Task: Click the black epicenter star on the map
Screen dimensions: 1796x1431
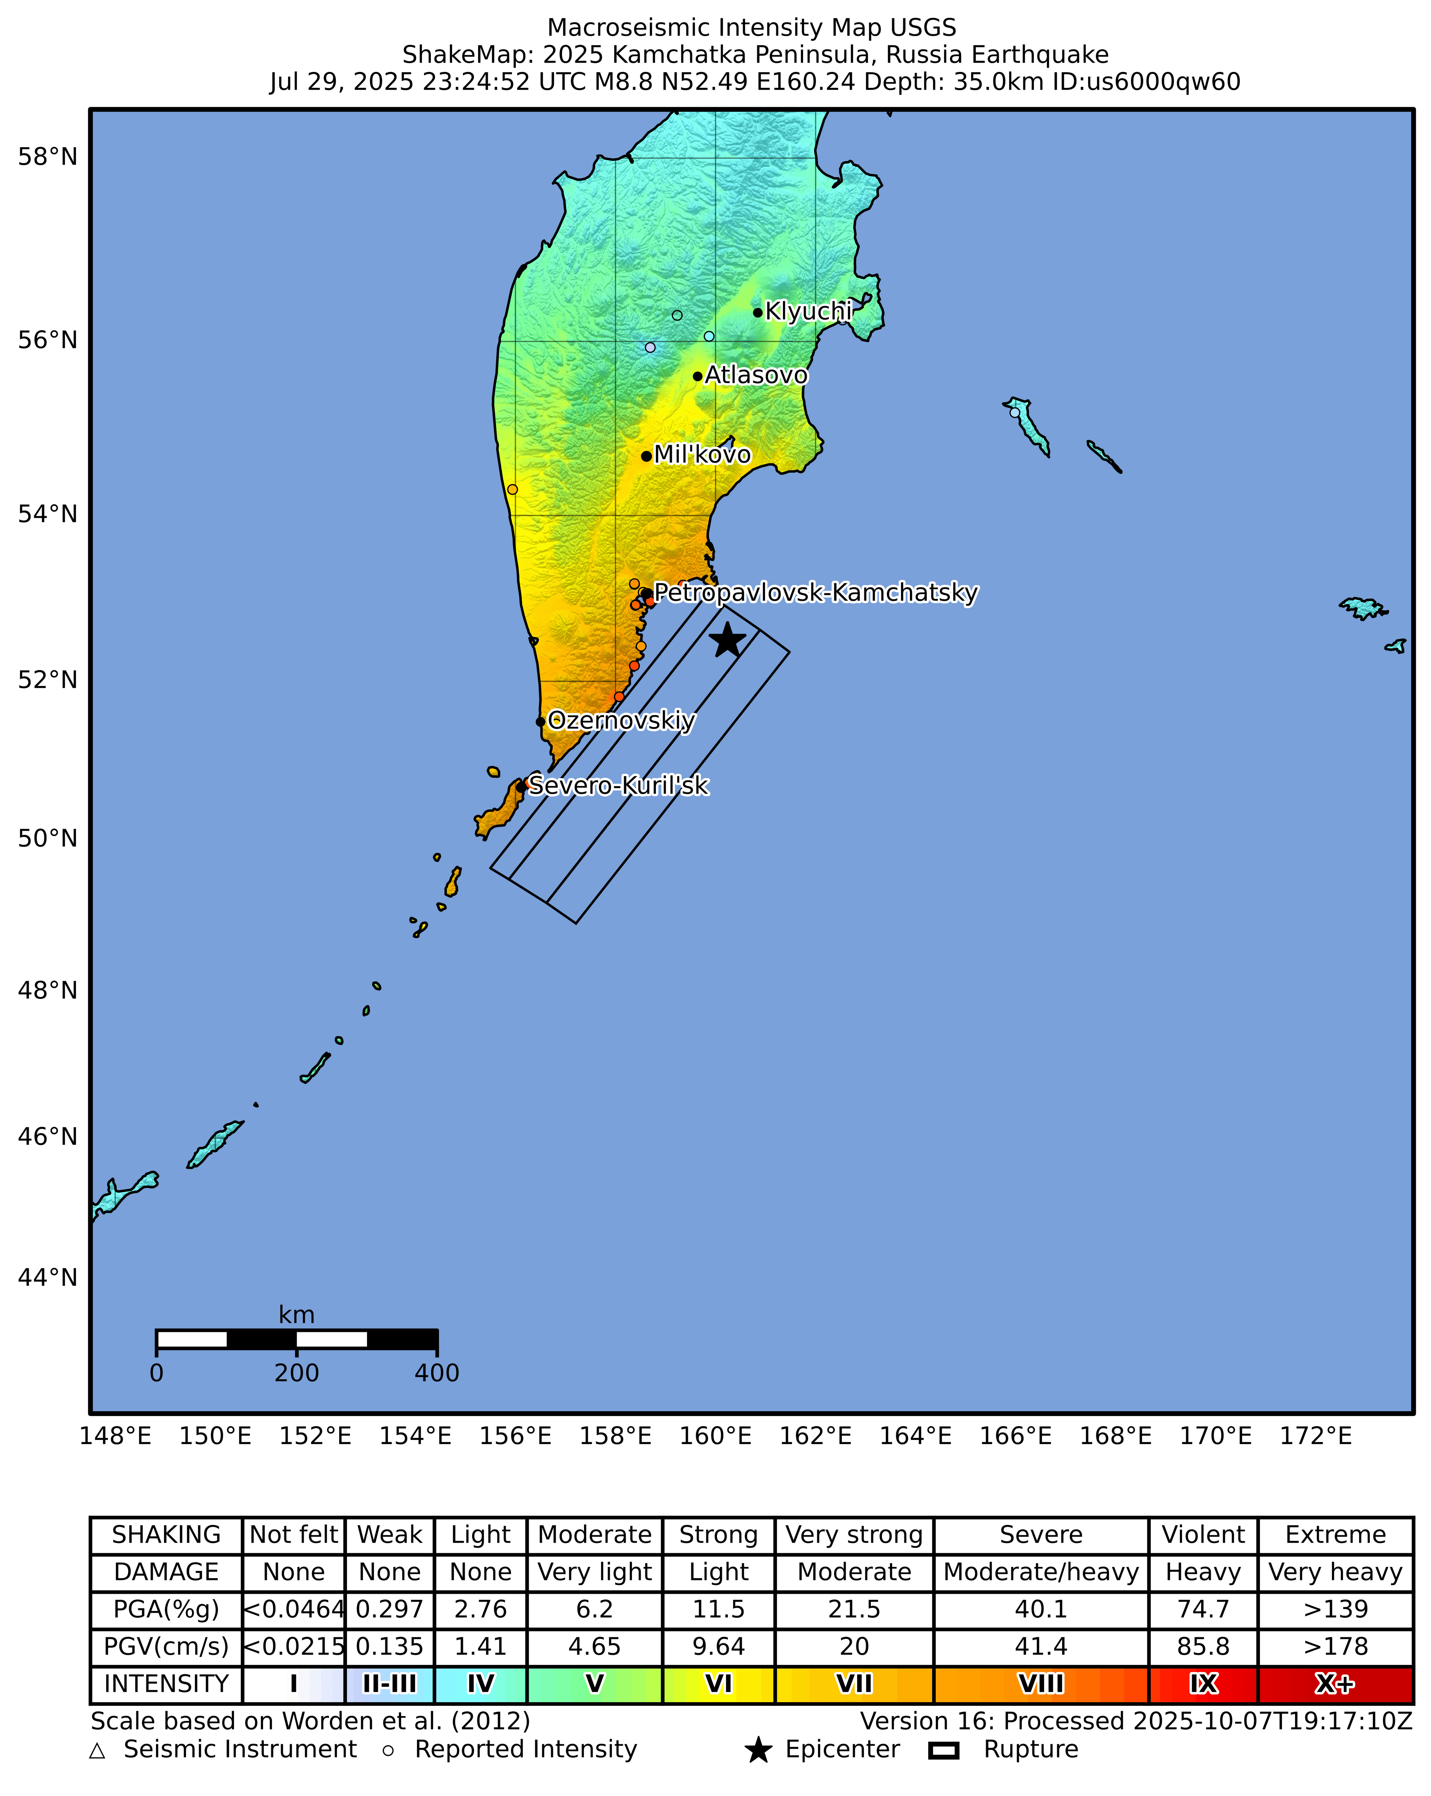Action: pos(727,640)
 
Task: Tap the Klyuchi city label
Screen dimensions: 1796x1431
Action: pos(808,311)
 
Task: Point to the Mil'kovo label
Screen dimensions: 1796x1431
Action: pos(702,455)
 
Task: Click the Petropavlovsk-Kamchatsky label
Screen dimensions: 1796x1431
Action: pos(815,593)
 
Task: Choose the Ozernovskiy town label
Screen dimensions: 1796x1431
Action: pos(621,721)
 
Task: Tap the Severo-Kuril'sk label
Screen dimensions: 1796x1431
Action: pos(618,786)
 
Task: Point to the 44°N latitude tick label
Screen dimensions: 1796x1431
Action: pos(47,1277)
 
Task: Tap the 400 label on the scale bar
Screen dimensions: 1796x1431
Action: pos(437,1373)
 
